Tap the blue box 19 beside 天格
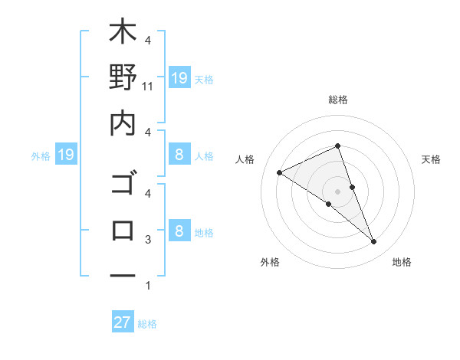179,77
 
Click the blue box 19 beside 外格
66,155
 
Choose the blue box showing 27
123,322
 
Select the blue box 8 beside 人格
179,155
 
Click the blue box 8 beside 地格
179,231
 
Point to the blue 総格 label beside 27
147,324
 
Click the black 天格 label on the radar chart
432,159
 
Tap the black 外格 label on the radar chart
270,263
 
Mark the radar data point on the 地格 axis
374,242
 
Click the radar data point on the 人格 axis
279,172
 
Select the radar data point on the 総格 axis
337,146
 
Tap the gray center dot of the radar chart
337,191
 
